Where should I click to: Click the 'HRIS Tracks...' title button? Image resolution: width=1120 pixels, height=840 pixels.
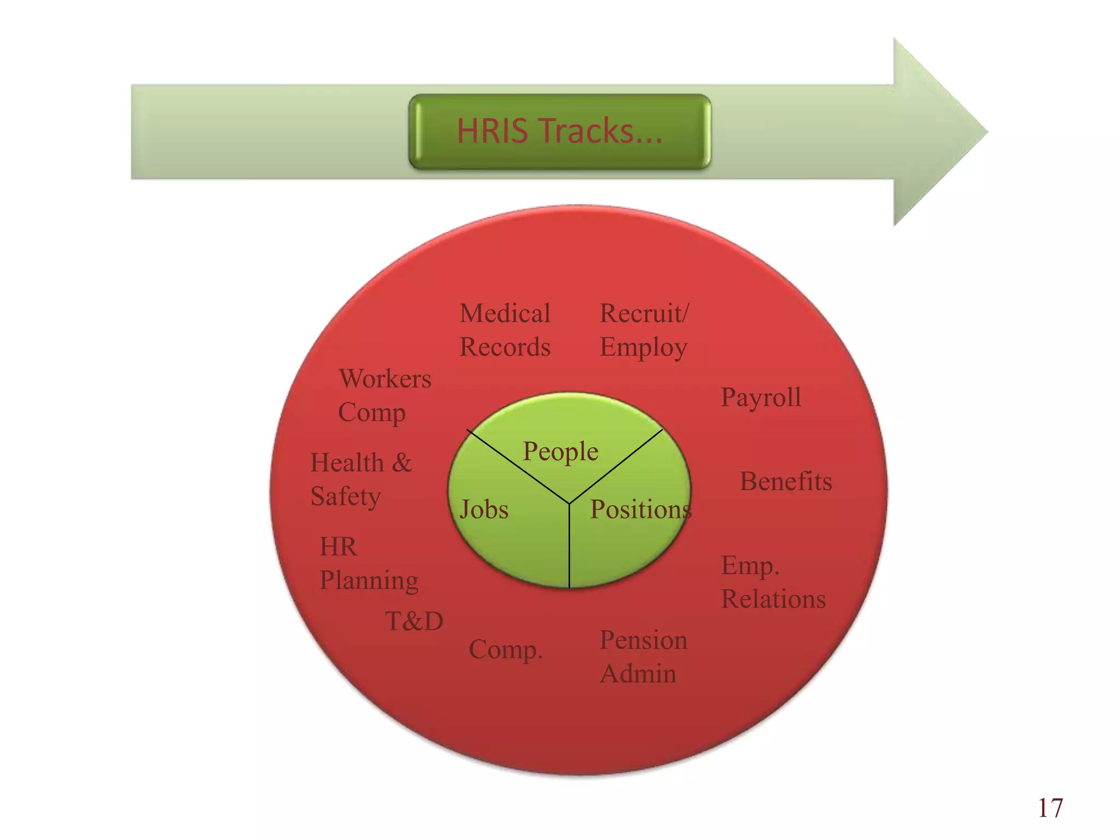pyautogui.click(x=559, y=132)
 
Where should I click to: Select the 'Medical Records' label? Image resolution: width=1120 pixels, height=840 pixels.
pyautogui.click(x=505, y=330)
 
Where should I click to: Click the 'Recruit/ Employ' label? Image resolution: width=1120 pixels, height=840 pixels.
pyautogui.click(x=644, y=331)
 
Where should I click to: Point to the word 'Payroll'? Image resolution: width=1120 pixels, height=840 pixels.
pyautogui.click(x=761, y=398)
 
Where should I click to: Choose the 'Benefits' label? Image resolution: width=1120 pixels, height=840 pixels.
pyautogui.click(x=786, y=481)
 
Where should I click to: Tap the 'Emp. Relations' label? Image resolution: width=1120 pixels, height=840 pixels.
pyautogui.click(x=773, y=582)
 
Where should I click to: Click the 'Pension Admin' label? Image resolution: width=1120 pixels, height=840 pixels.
pyautogui.click(x=643, y=656)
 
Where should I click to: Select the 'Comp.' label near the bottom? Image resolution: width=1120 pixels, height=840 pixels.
pyautogui.click(x=505, y=650)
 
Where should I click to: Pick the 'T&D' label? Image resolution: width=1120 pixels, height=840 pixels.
pyautogui.click(x=414, y=621)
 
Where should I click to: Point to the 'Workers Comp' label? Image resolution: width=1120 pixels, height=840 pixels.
pyautogui.click(x=385, y=396)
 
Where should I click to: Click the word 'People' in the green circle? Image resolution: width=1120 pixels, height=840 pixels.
pyautogui.click(x=561, y=452)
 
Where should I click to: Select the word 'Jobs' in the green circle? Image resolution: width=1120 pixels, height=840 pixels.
pyautogui.click(x=484, y=510)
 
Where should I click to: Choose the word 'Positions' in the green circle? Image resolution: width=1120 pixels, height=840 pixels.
pyautogui.click(x=641, y=510)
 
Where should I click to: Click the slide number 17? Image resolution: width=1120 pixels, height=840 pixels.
pyautogui.click(x=1050, y=808)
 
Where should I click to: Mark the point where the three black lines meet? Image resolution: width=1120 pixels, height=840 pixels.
pyautogui.click(x=569, y=503)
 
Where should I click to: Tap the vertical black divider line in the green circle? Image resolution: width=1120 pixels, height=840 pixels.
pyautogui.click(x=569, y=546)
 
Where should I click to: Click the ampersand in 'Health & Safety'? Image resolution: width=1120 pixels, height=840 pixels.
pyautogui.click(x=401, y=463)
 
